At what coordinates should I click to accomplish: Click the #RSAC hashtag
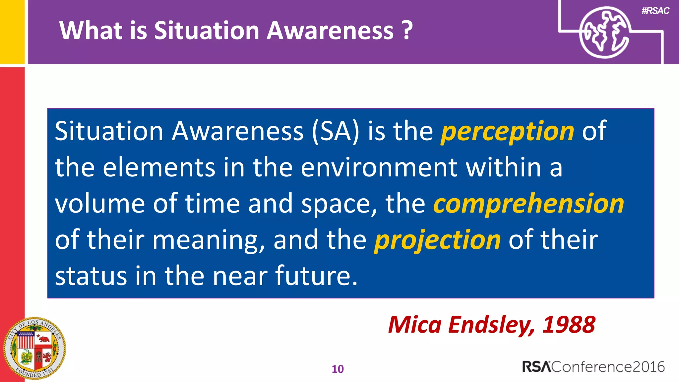(x=655, y=11)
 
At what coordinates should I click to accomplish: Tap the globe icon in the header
(x=604, y=32)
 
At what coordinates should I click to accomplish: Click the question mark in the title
(x=407, y=31)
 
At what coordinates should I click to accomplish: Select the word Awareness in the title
(x=330, y=31)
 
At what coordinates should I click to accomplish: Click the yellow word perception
(x=507, y=132)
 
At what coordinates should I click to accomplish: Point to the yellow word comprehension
(x=528, y=204)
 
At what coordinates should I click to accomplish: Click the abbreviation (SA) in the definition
(x=336, y=131)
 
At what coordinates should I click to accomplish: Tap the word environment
(x=379, y=167)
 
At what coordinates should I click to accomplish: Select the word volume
(x=99, y=204)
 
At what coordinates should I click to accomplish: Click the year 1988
(x=569, y=325)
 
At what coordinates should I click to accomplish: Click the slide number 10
(x=338, y=369)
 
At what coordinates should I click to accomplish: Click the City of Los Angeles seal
(x=34, y=349)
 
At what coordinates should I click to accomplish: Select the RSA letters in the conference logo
(x=536, y=367)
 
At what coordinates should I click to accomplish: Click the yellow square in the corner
(x=12, y=32)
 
